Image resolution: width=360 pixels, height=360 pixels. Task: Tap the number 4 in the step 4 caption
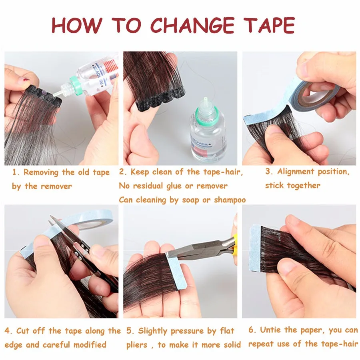point(8,331)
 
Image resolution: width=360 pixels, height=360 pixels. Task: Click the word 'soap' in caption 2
point(190,200)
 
